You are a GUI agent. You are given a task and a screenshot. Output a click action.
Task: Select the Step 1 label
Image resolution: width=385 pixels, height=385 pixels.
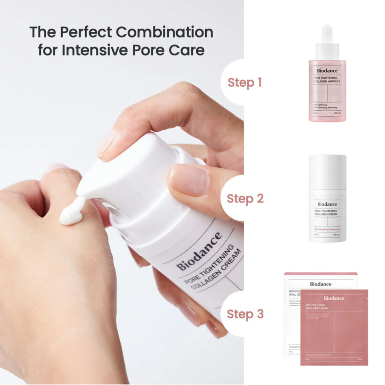tap(244, 82)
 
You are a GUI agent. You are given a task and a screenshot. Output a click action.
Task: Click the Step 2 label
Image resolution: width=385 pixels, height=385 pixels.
tap(245, 199)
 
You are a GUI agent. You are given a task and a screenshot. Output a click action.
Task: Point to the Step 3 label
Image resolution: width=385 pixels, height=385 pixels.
tap(245, 314)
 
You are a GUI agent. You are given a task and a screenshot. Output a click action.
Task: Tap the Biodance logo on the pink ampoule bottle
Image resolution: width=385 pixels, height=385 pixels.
tap(327, 71)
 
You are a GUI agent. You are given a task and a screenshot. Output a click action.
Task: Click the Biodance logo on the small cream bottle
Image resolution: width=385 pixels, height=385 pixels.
tap(327, 204)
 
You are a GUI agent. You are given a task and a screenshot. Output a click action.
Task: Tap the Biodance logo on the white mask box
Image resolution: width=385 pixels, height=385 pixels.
tap(321, 284)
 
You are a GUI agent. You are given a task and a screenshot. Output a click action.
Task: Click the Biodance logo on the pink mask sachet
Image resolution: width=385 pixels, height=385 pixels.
tap(334, 298)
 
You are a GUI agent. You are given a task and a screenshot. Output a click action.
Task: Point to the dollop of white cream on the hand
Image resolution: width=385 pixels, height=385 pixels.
tap(71, 213)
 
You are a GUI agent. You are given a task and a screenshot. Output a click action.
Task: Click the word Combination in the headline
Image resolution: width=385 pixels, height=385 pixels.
tap(164, 32)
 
